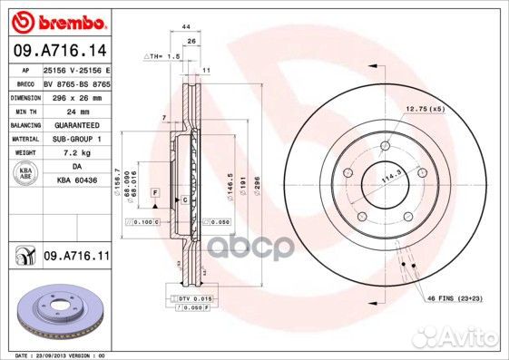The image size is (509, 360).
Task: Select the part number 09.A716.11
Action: pyautogui.click(x=75, y=257)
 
